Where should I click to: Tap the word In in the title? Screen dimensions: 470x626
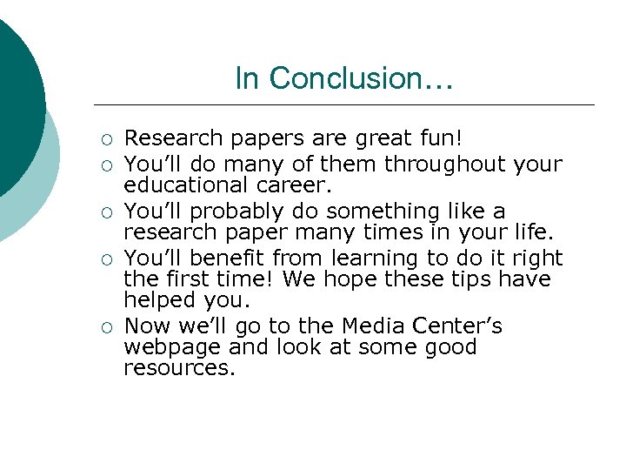point(247,78)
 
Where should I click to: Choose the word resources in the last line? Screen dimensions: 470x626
point(179,367)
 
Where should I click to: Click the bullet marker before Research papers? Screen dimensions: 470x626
point(104,139)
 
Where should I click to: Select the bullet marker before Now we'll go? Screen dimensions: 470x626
point(104,327)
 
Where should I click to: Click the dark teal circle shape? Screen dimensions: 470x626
point(13,96)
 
